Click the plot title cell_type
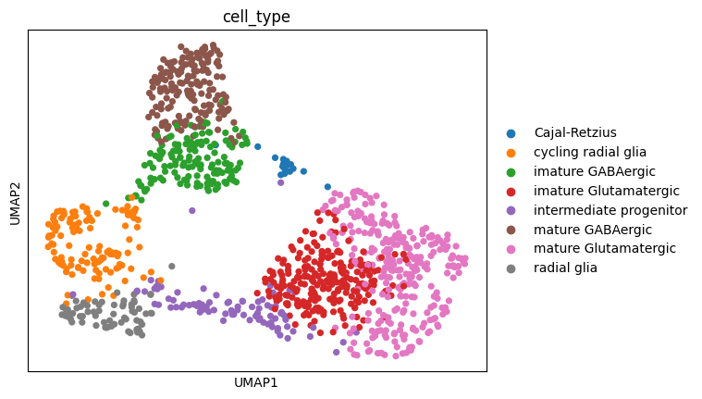257,18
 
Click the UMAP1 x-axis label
257,382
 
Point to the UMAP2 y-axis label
14,201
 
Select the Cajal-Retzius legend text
574,132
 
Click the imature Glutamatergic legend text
606,191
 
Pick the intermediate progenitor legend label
610,210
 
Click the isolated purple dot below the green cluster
192,210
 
